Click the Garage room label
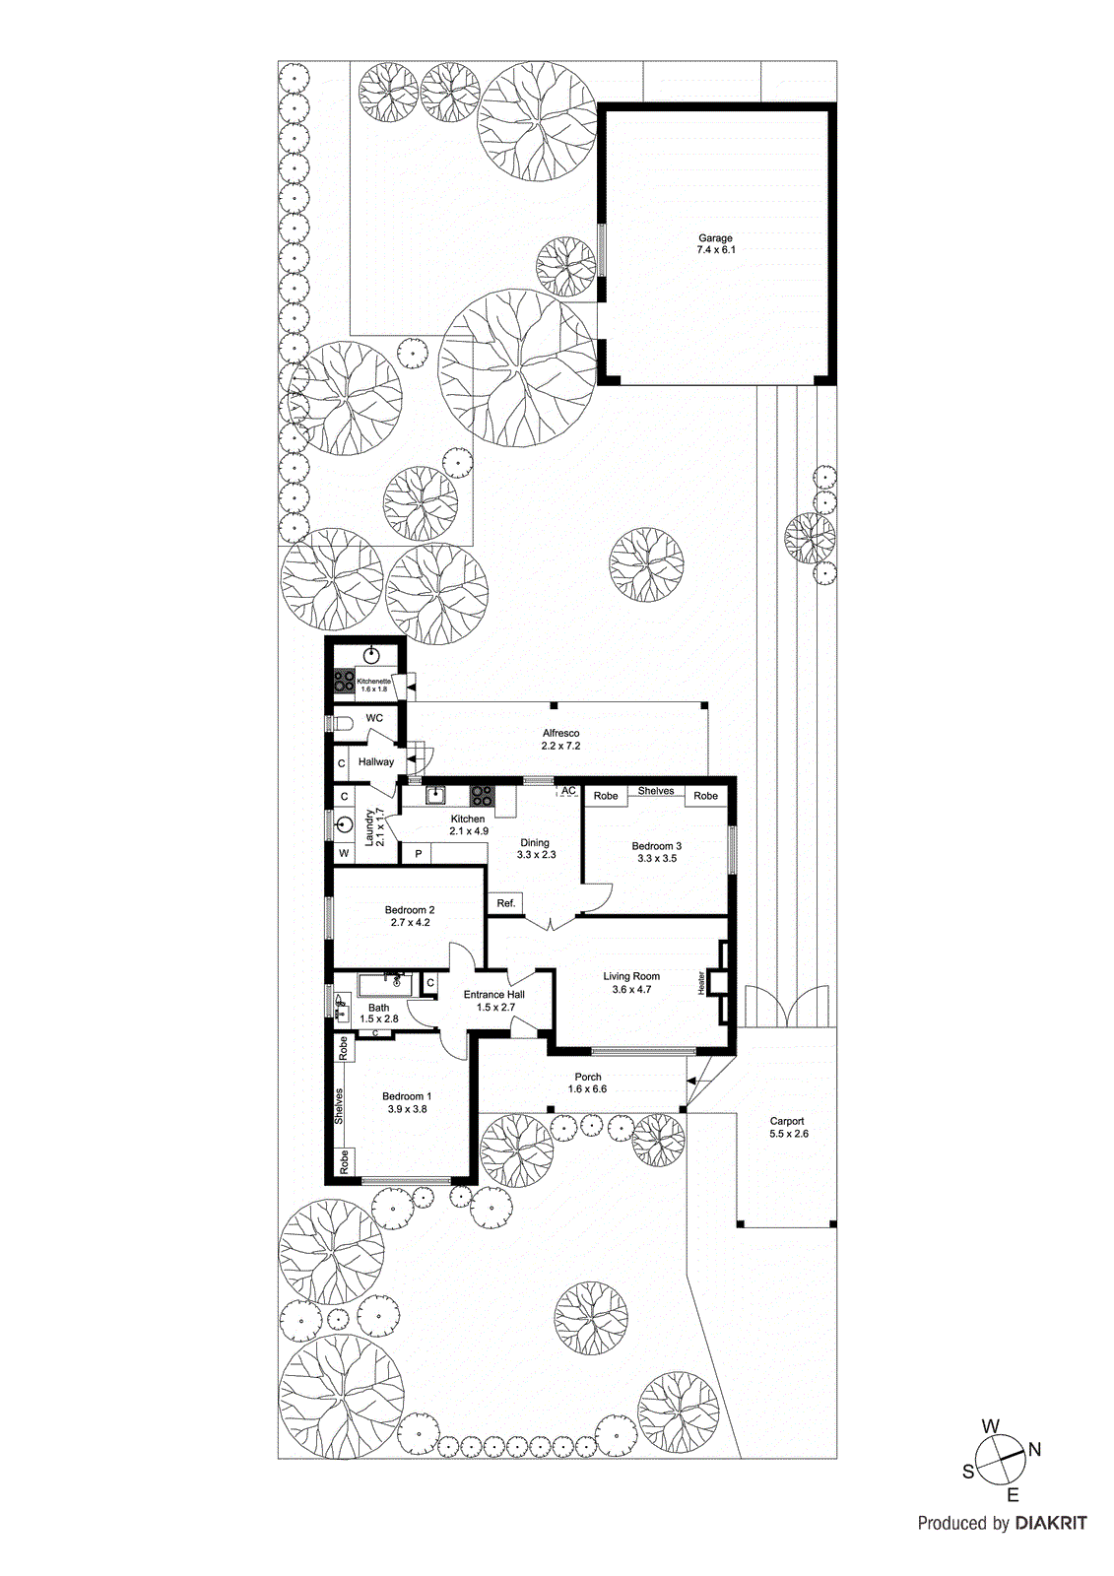(x=715, y=237)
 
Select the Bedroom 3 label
(x=656, y=846)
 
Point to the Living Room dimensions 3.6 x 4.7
(x=631, y=989)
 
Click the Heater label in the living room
(x=701, y=982)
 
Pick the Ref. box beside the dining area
(x=506, y=903)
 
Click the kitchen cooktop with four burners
(x=482, y=794)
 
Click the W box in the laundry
(x=344, y=853)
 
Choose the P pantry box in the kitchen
(x=419, y=854)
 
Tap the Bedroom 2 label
(x=410, y=910)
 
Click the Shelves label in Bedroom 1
(x=339, y=1106)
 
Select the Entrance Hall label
(x=493, y=995)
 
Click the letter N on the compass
(x=1034, y=1449)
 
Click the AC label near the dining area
(x=568, y=791)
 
